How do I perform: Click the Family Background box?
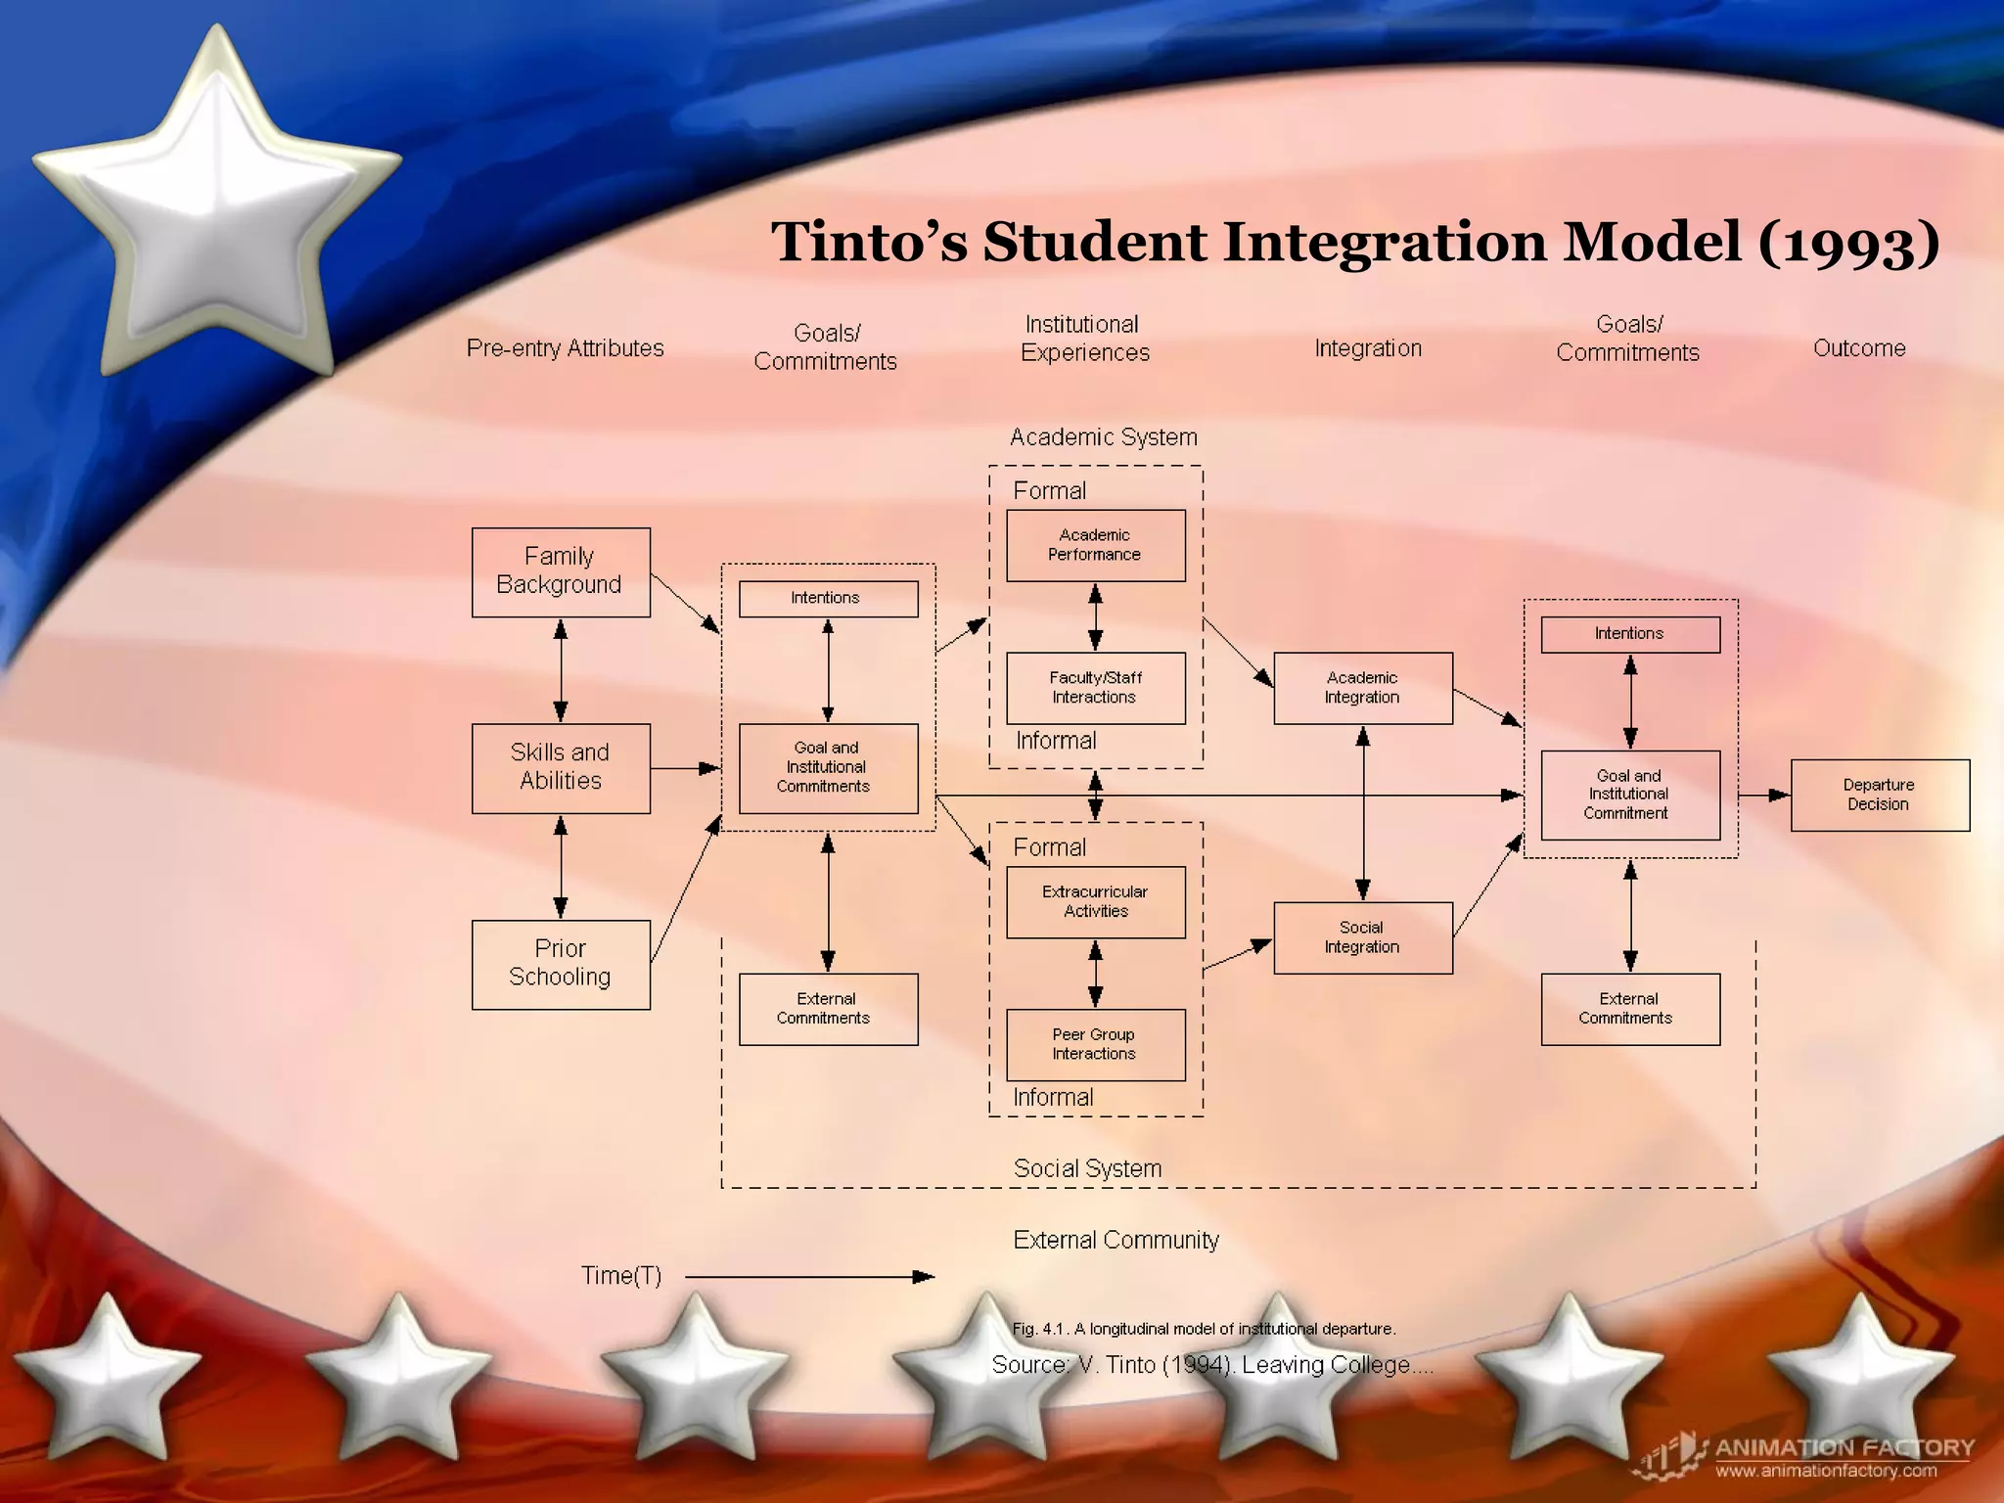click(x=561, y=572)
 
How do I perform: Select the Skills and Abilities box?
click(x=561, y=768)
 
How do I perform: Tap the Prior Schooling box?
click(x=561, y=964)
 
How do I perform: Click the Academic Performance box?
click(x=1095, y=545)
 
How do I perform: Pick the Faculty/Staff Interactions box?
click(x=1095, y=688)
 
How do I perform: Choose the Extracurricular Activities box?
click(x=1095, y=902)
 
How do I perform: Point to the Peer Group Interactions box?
click(x=1095, y=1045)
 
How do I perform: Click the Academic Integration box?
click(x=1362, y=688)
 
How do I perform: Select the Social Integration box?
click(x=1362, y=937)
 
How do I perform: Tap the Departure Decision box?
click(x=1879, y=795)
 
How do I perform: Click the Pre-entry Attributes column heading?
click(x=565, y=348)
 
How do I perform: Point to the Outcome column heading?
click(x=1859, y=348)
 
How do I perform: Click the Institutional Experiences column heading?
click(x=1084, y=339)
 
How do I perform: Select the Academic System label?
click(x=1103, y=437)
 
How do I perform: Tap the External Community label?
click(x=1116, y=1241)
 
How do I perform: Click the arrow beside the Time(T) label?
click(x=809, y=1277)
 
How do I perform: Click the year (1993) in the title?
click(x=1848, y=243)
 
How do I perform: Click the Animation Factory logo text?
click(x=1845, y=1447)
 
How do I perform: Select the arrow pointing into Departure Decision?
click(x=1764, y=796)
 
